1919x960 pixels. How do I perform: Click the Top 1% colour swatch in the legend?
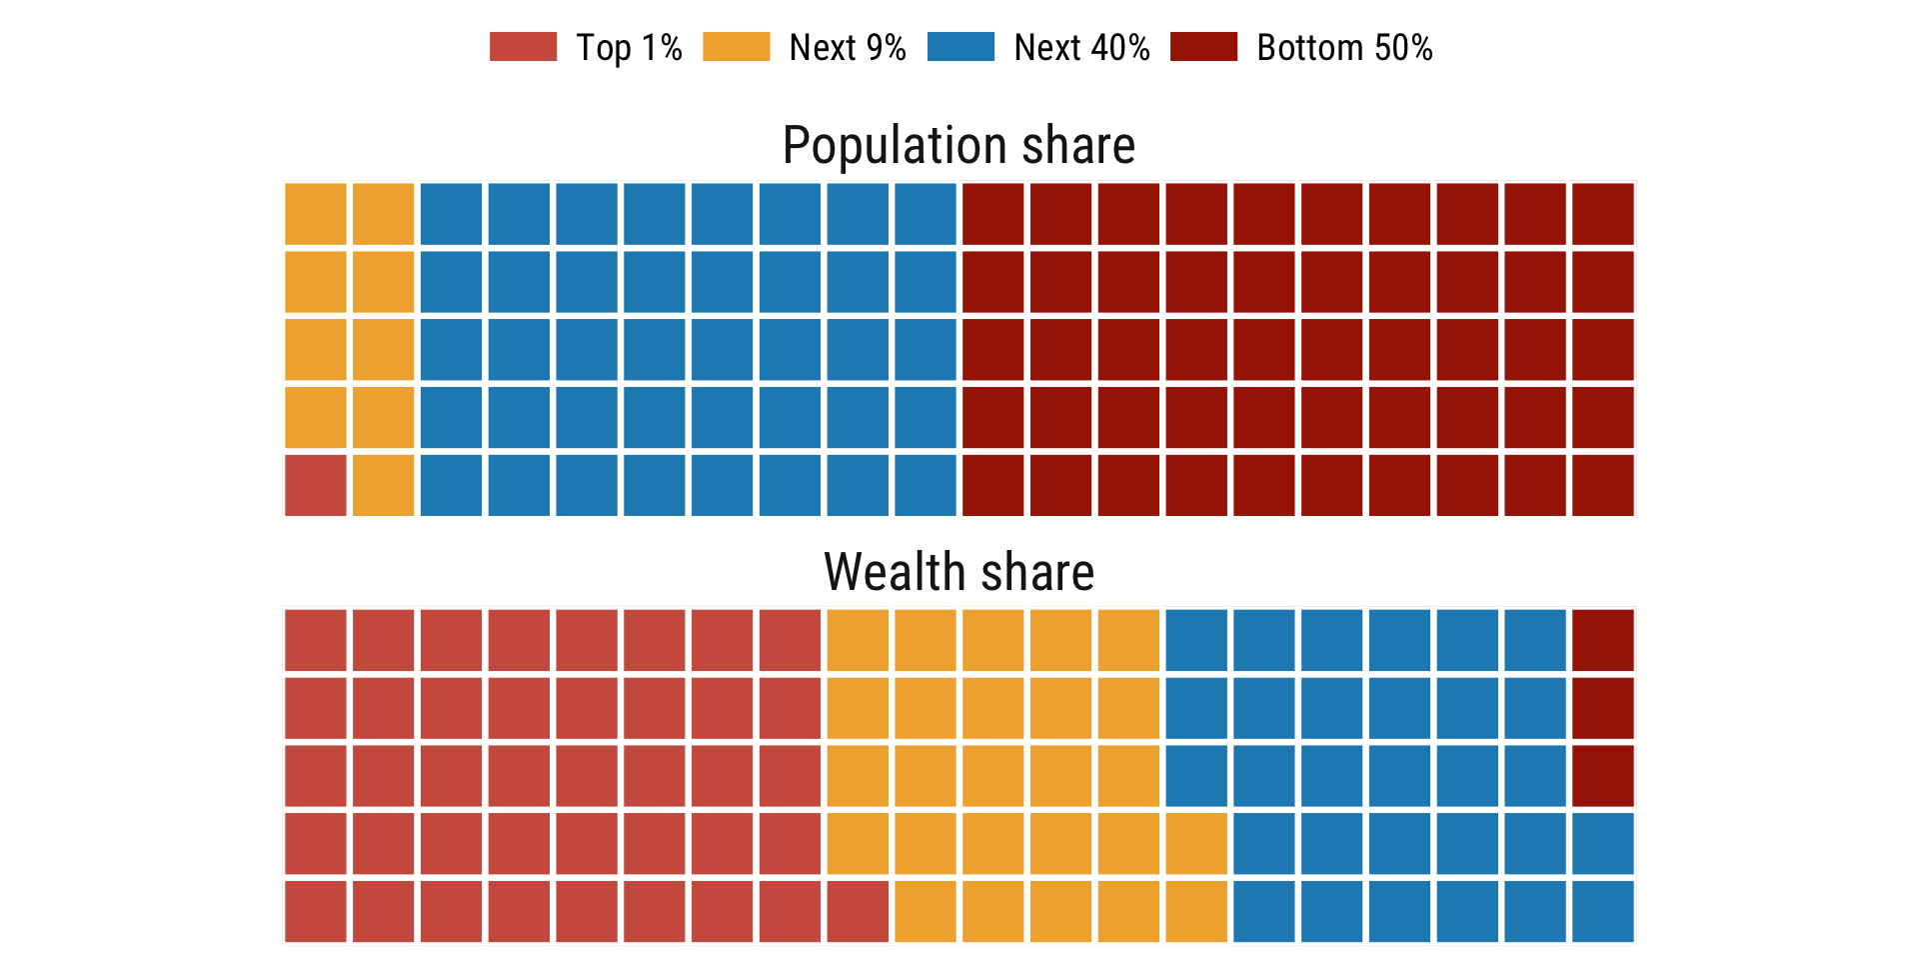click(x=523, y=47)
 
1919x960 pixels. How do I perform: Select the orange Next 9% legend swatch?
click(x=736, y=47)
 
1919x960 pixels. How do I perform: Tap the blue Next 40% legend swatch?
click(x=960, y=47)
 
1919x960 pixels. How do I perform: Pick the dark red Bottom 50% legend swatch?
click(x=1203, y=47)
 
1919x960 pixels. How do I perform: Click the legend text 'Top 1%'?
click(x=629, y=48)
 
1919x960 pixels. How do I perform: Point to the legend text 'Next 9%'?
click(x=847, y=48)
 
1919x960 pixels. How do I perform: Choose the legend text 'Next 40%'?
click(x=1081, y=48)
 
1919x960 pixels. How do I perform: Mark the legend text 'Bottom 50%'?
click(x=1344, y=48)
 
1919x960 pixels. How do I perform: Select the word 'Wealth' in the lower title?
click(x=896, y=573)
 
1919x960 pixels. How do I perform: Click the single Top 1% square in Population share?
click(x=316, y=486)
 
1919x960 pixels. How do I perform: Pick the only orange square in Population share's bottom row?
click(x=384, y=486)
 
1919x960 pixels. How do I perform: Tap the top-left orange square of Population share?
click(x=316, y=214)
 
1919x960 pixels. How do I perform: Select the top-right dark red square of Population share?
click(x=1603, y=214)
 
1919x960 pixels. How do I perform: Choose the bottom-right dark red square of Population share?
click(x=1603, y=486)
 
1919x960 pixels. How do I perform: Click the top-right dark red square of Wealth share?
click(x=1603, y=640)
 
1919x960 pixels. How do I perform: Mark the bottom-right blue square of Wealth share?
click(x=1603, y=911)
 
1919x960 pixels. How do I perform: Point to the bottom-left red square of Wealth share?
click(x=316, y=911)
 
